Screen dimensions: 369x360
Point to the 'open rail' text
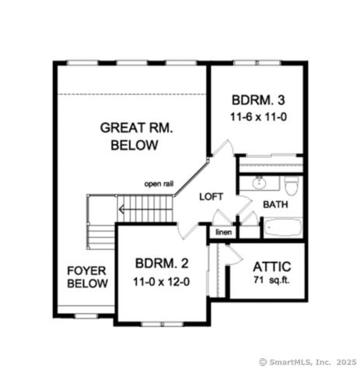pos(159,184)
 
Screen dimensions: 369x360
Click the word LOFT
pos(211,197)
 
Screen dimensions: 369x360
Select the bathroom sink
pos(259,185)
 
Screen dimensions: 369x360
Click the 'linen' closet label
pos(223,231)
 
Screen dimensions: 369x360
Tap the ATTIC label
pos(271,266)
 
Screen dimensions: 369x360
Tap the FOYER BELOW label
pos(86,277)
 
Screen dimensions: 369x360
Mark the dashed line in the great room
pos(132,95)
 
